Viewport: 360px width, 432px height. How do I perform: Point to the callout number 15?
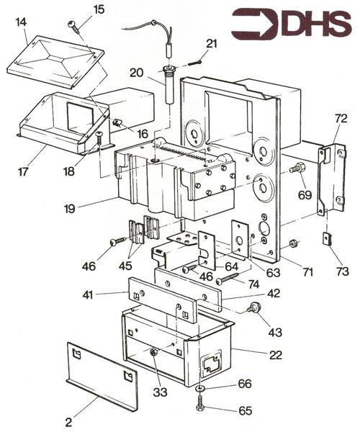point(99,9)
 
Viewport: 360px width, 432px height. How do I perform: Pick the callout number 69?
point(304,194)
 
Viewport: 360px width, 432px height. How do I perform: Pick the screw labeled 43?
point(253,308)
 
